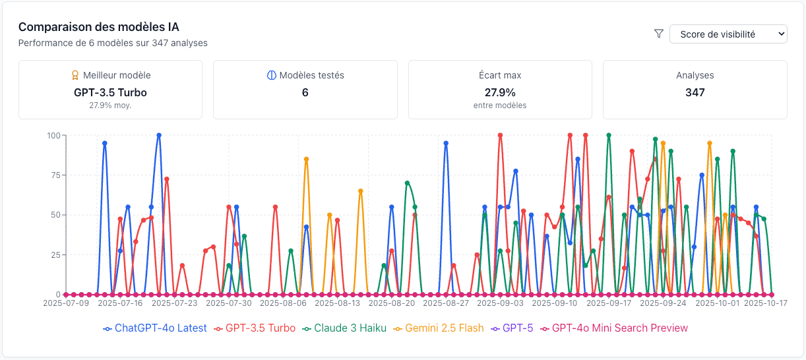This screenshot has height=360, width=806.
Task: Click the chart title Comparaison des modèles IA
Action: click(x=98, y=27)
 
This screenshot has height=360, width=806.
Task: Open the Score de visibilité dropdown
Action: click(x=728, y=34)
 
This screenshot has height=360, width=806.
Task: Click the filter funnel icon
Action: click(x=658, y=34)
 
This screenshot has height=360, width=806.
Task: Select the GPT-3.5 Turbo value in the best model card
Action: click(x=110, y=92)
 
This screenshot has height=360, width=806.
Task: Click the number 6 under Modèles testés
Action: click(x=305, y=92)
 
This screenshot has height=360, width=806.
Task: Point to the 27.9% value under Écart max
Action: click(x=499, y=92)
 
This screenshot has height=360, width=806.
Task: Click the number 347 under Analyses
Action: click(x=695, y=92)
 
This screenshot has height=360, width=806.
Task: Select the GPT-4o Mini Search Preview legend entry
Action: click(x=613, y=328)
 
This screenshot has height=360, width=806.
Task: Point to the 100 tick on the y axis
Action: click(x=53, y=136)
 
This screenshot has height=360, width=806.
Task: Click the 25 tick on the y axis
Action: click(x=55, y=255)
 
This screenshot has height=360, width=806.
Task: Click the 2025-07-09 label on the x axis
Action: click(x=66, y=303)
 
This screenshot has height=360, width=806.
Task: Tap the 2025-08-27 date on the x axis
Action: click(x=446, y=303)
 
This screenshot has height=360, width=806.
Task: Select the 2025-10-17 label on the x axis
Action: click(x=766, y=303)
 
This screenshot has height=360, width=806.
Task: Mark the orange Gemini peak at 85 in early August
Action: click(x=306, y=159)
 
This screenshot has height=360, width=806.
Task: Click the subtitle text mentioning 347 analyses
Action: click(x=113, y=43)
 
